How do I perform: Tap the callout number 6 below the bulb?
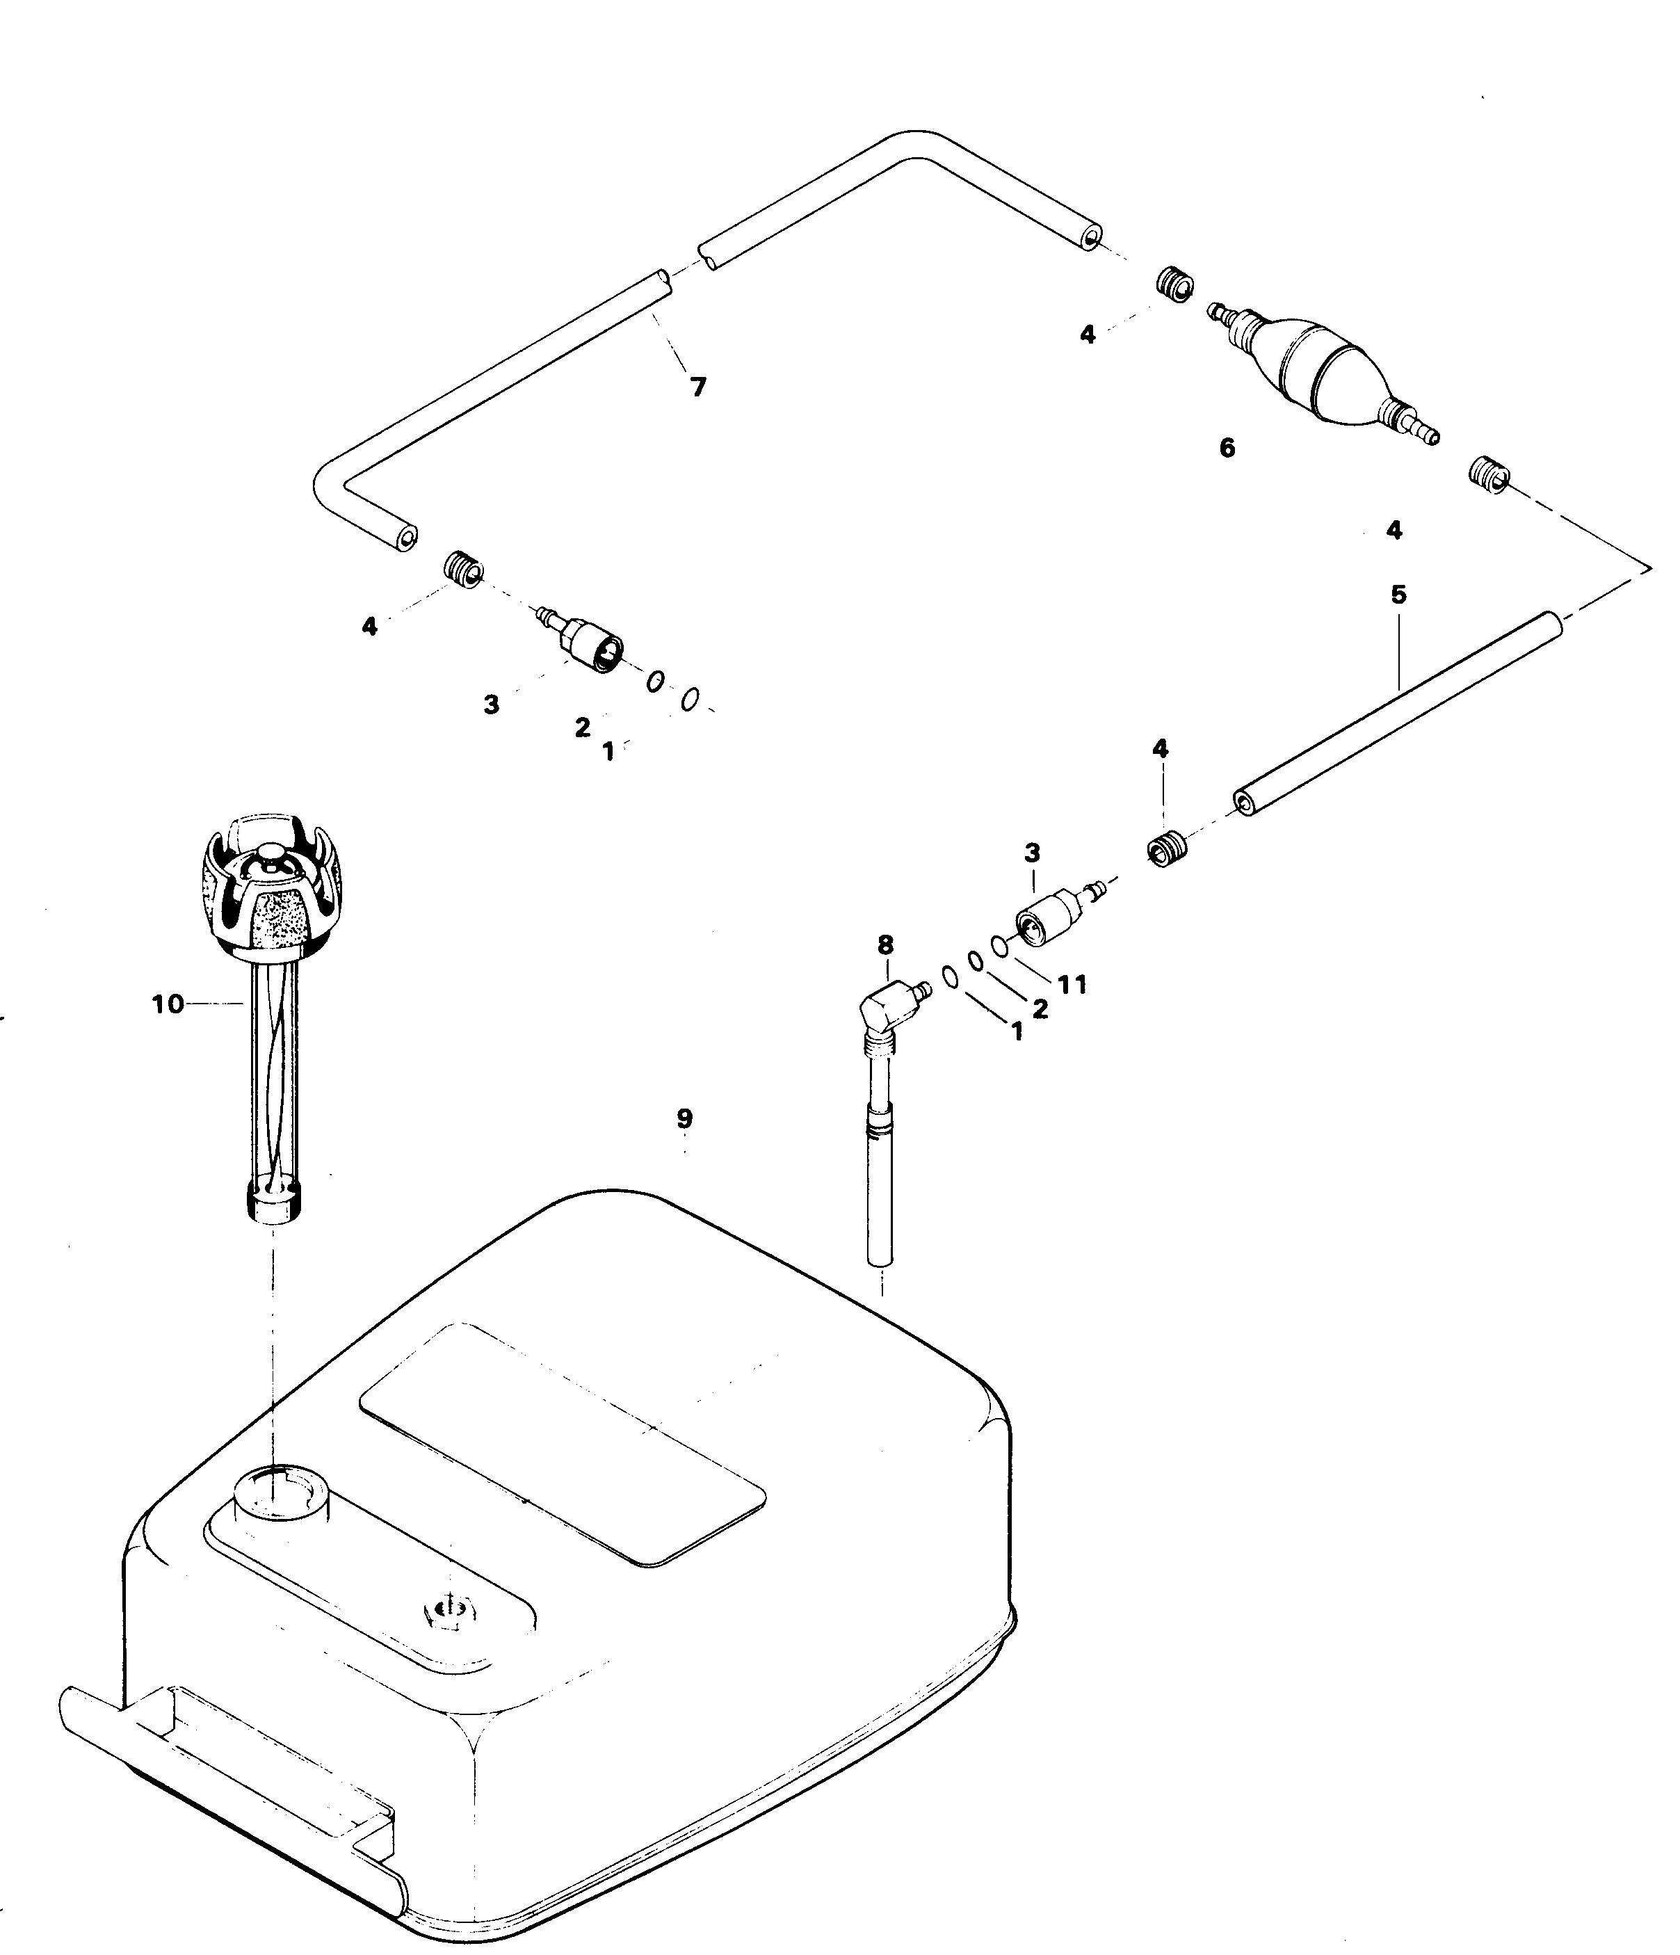pos(1227,448)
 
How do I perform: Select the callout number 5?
pos(1398,595)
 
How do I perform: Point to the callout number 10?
pos(168,1005)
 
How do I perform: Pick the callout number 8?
pos(885,944)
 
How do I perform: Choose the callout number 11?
pos(1072,984)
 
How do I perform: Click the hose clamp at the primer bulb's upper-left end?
pos(1174,284)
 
